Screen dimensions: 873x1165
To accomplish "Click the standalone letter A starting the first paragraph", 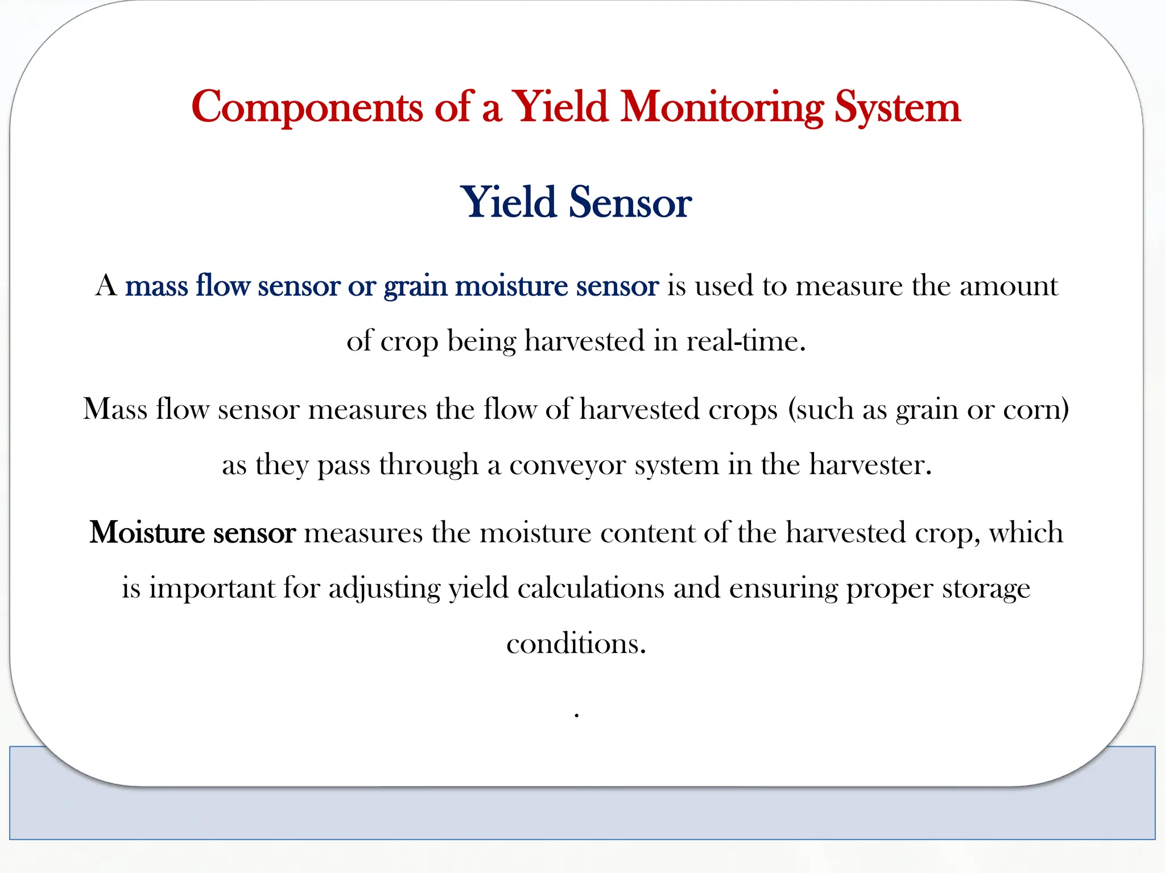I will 106,285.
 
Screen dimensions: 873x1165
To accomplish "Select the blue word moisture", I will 511,285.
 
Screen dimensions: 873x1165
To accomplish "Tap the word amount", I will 1009,285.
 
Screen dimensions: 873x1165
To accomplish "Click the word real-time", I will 746,341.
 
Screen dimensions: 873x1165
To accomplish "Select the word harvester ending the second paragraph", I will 870,464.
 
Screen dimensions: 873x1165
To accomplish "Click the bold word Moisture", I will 147,533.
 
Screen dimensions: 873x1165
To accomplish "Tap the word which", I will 1026,533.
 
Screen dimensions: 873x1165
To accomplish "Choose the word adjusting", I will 384,588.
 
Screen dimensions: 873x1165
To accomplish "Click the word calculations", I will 590,588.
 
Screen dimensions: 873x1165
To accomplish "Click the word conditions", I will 576,643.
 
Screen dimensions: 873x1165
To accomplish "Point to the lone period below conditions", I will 577,714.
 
